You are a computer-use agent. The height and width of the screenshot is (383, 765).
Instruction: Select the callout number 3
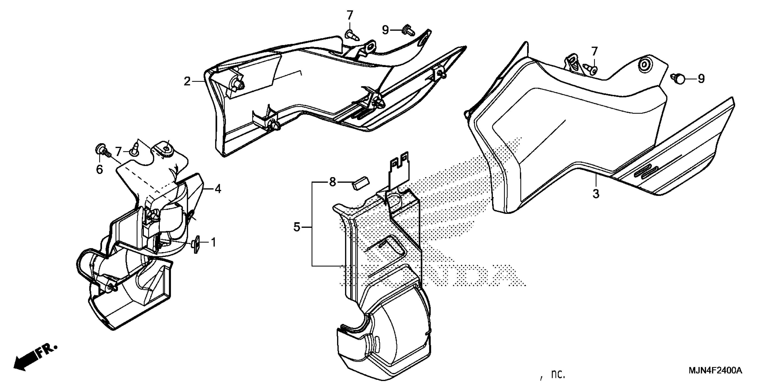click(x=596, y=194)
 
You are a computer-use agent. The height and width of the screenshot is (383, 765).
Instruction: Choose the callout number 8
click(x=333, y=182)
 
